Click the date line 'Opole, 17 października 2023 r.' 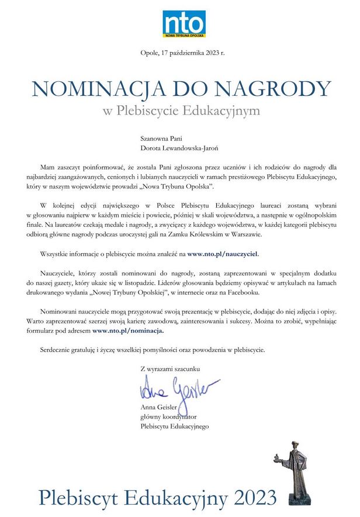pos(183,54)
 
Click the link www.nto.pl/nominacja pos(128,331)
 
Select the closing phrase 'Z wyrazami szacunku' pos(170,369)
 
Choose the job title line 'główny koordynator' pos(168,417)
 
